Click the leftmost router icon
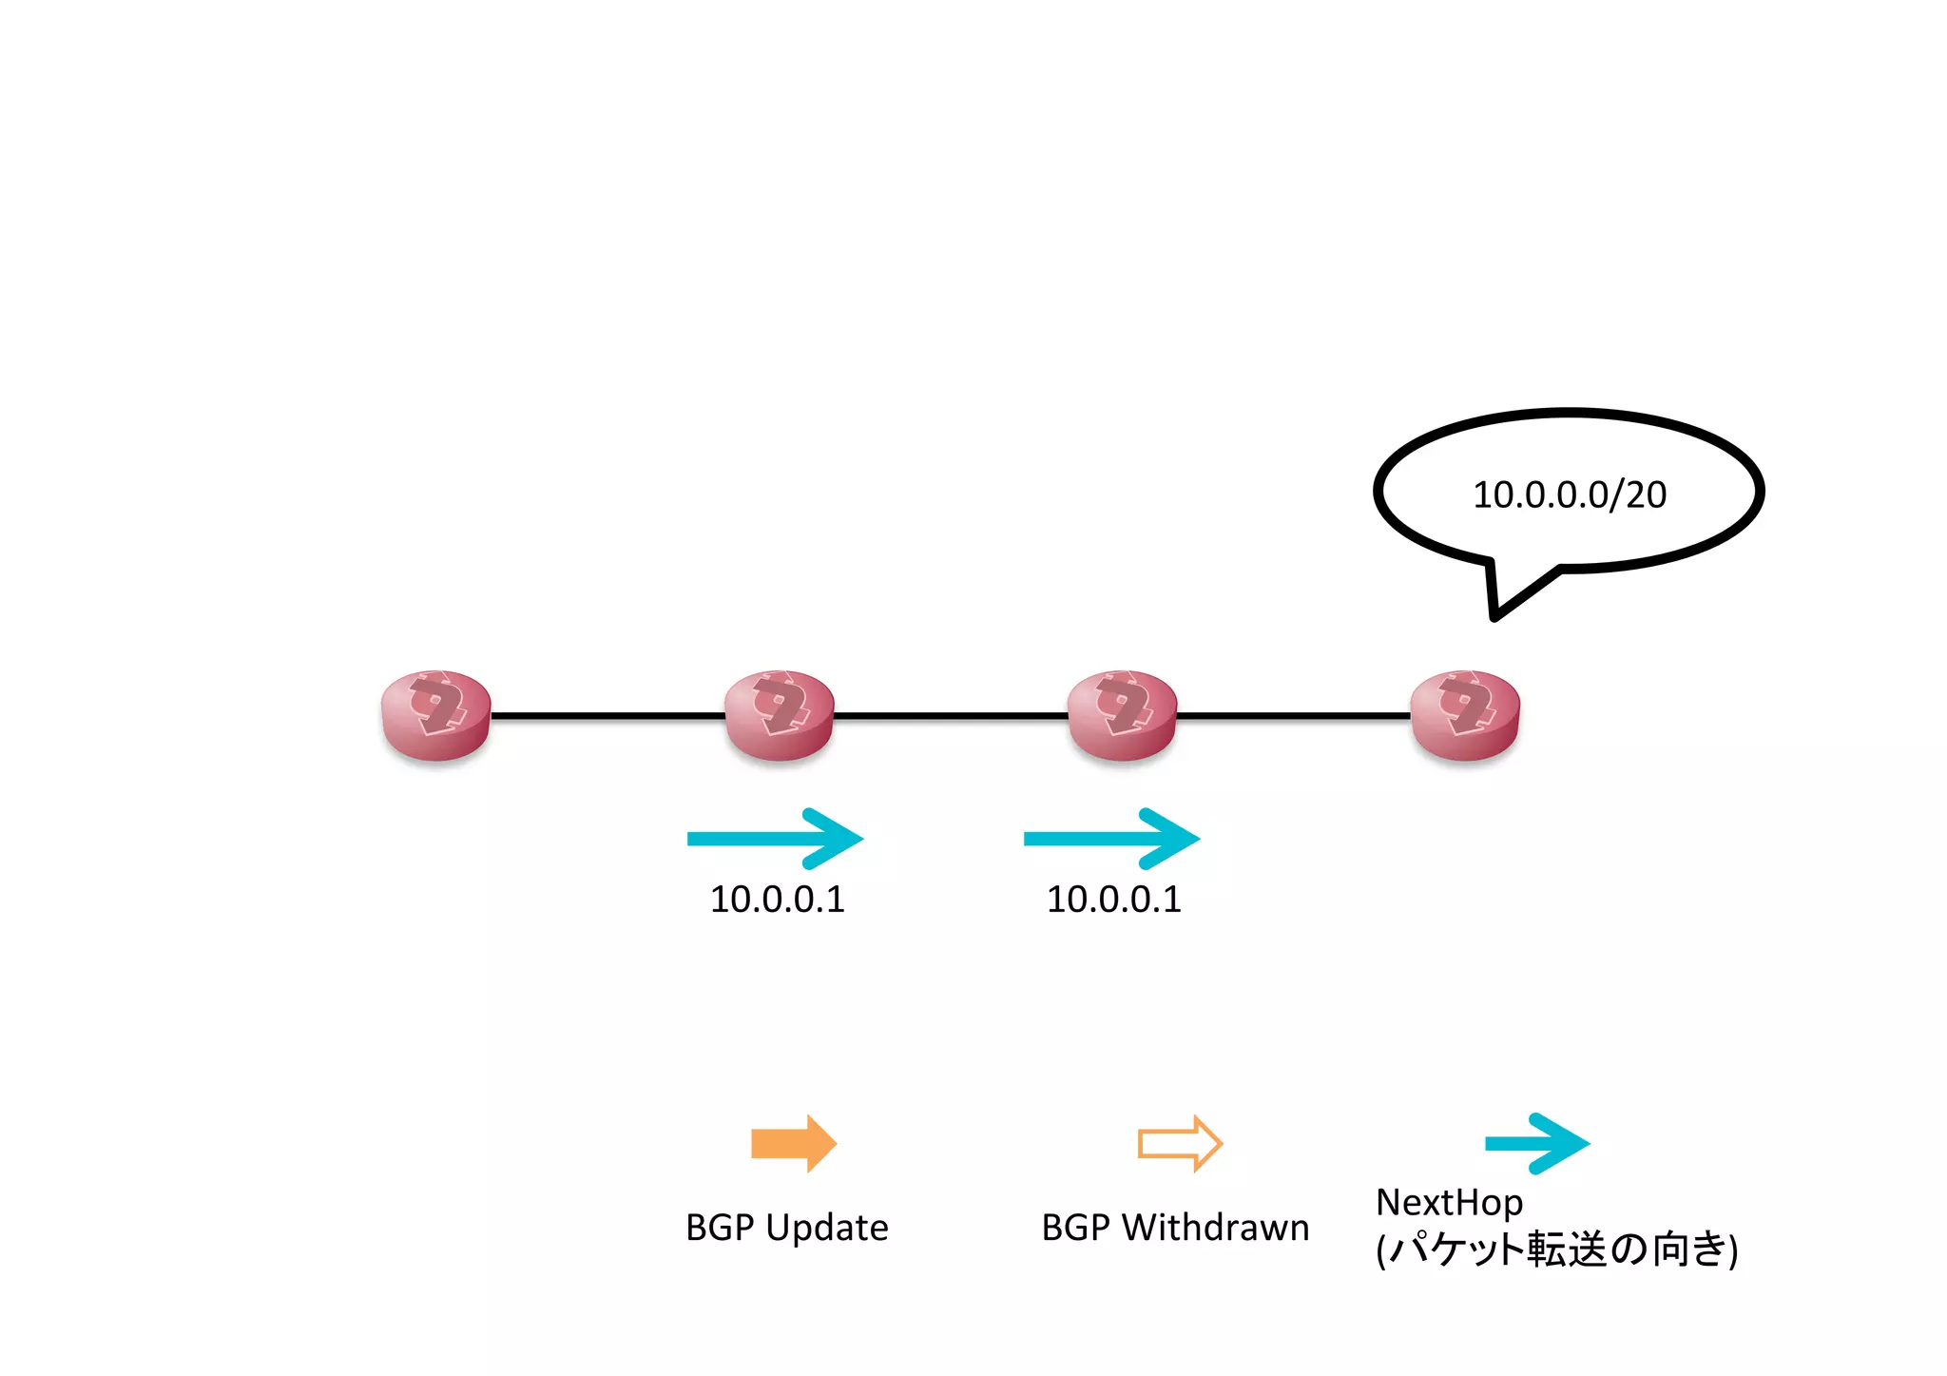[435, 715]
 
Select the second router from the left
[779, 715]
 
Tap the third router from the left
[1122, 715]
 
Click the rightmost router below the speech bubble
[1465, 715]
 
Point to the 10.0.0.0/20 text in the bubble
[1569, 495]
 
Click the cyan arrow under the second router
[775, 839]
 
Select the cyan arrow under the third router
[1111, 839]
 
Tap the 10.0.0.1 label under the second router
[777, 900]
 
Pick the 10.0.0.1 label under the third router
[1113, 900]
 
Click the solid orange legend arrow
[794, 1143]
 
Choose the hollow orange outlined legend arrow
[1180, 1143]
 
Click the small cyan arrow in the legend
[1537, 1143]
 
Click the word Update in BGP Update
[826, 1228]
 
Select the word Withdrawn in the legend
[1215, 1228]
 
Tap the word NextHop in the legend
[1449, 1203]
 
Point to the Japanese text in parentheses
[1556, 1250]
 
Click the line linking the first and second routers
[607, 715]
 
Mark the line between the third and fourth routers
[1293, 715]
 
